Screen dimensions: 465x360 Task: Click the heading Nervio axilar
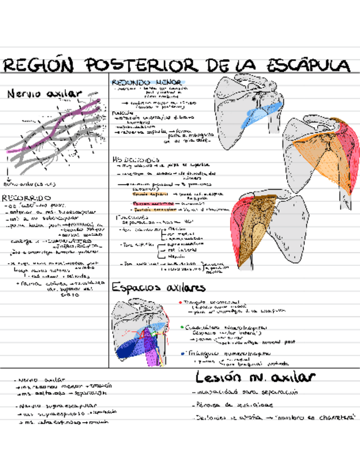tap(43, 94)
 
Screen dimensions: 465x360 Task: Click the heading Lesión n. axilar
tap(255, 377)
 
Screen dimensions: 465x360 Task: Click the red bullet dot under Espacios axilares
tap(180, 302)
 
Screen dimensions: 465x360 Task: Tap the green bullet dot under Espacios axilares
tap(182, 327)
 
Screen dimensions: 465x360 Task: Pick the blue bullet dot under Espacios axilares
tap(182, 354)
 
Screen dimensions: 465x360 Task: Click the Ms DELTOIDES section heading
tap(132, 159)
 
